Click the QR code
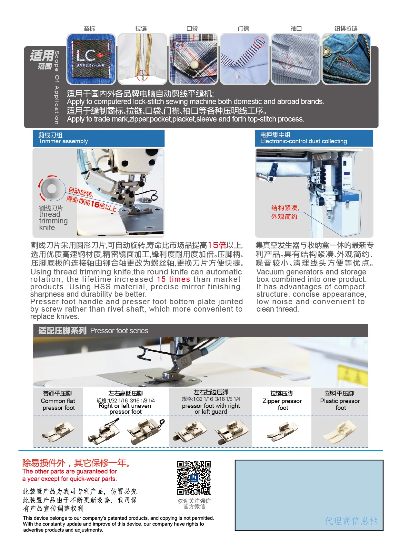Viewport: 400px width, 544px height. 194,478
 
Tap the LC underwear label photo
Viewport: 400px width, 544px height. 91,59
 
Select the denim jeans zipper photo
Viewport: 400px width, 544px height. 346,59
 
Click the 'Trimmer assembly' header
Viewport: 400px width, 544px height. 99,138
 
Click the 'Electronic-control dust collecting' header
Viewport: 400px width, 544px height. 314,138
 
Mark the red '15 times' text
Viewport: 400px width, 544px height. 173,279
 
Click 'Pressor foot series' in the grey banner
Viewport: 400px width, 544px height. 119,331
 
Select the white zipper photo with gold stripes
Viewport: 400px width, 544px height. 142,59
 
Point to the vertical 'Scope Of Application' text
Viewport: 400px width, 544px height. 57,87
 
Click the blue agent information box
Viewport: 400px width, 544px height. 309,495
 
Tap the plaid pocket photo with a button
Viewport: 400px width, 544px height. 193,59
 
